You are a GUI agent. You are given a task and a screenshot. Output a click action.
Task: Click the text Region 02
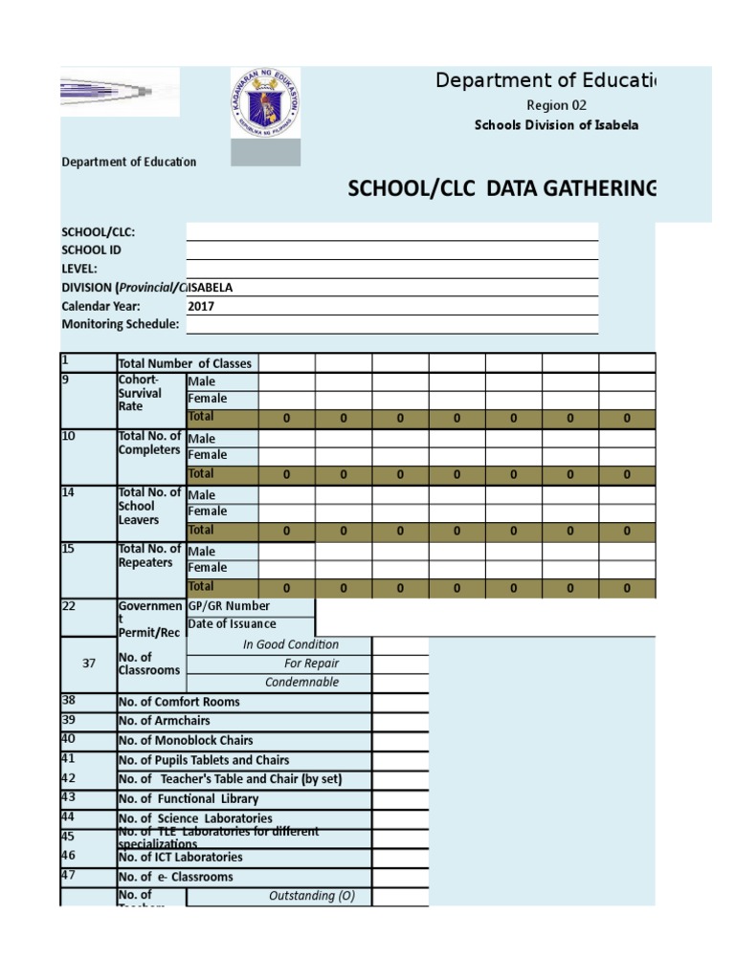point(556,105)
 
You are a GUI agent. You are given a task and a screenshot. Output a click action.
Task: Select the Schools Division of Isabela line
point(556,125)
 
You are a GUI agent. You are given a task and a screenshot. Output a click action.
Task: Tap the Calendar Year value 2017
point(202,306)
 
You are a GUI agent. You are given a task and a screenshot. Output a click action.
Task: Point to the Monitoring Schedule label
point(121,324)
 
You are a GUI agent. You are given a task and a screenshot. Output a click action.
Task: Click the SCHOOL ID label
point(92,250)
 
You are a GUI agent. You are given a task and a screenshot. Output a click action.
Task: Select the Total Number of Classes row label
point(185,363)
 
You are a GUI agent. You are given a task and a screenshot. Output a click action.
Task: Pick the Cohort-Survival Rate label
point(141,393)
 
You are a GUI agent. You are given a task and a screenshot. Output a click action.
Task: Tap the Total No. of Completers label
point(149,444)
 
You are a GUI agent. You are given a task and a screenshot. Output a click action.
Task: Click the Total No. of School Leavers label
point(149,506)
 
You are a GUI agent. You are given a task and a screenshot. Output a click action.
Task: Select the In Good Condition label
point(291,644)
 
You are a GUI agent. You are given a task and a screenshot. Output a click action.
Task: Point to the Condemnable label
point(301,683)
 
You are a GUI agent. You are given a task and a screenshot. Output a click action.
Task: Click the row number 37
point(89,664)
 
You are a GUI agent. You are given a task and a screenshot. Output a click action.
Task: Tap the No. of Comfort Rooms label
point(179,702)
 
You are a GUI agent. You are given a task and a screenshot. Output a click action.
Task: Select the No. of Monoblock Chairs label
point(186,741)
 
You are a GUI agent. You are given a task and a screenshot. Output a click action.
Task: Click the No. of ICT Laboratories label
point(181,858)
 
